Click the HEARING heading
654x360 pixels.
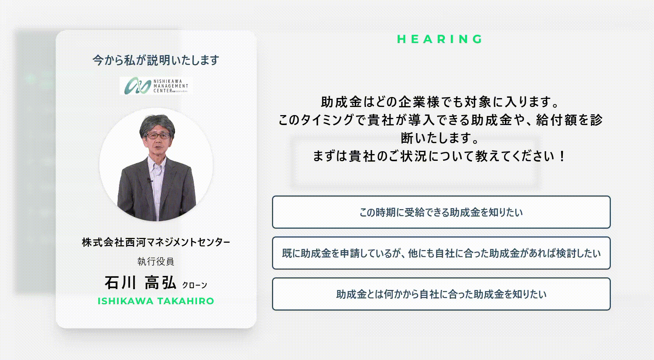(x=440, y=39)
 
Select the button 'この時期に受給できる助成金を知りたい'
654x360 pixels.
(x=441, y=212)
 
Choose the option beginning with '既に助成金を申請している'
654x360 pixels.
(x=441, y=253)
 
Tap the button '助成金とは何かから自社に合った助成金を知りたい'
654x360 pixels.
(x=441, y=294)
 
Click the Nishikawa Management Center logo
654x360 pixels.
(x=156, y=86)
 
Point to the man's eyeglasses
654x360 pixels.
(x=158, y=135)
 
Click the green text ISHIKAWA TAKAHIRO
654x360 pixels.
(x=156, y=301)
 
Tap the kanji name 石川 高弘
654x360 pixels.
(x=140, y=283)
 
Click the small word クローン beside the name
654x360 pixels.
(x=195, y=285)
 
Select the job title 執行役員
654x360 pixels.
(x=156, y=262)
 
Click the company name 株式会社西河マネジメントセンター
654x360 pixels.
(x=156, y=242)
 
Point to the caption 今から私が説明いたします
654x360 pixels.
(x=156, y=60)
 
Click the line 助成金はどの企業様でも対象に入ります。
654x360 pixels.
(x=440, y=102)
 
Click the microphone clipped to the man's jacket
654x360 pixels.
(x=149, y=181)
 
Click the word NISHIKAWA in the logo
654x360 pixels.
(x=168, y=81)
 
